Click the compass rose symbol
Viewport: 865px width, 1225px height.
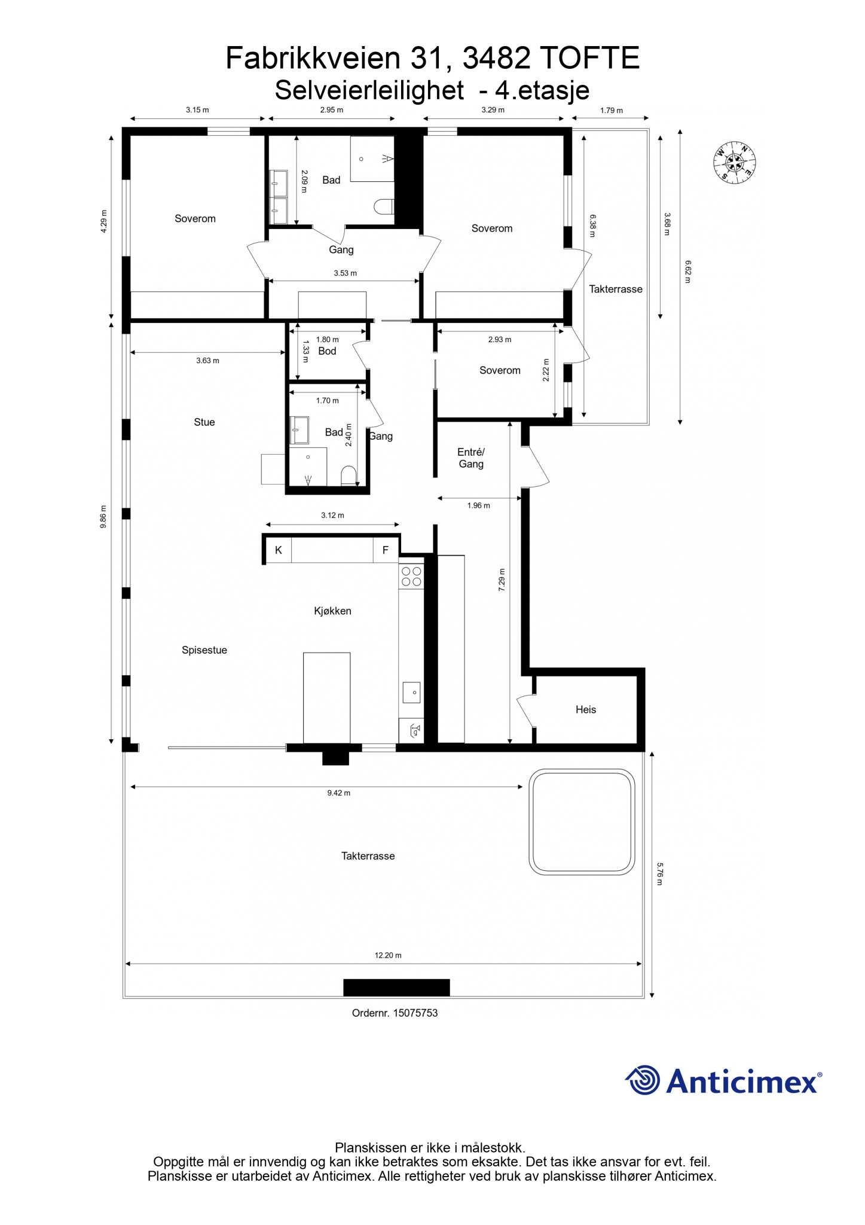735,163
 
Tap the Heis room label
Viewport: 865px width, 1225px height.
586,709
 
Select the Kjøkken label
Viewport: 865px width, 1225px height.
332,611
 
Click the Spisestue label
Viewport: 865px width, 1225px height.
204,650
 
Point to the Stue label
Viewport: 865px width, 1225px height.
204,422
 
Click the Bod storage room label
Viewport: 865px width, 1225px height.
327,351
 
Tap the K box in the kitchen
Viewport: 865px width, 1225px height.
279,550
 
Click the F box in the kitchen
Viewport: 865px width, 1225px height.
386,550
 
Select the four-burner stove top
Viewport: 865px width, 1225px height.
411,577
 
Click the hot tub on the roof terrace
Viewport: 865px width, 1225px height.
582,822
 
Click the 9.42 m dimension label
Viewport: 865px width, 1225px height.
338,793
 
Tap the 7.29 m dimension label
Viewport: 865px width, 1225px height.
502,580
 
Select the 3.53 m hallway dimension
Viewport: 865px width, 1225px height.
345,273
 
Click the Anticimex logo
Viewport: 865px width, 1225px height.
723,1081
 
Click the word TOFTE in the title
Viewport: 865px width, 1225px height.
590,59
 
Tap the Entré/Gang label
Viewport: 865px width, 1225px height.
471,458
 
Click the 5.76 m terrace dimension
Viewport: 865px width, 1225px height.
660,874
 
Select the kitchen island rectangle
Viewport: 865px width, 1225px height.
326,697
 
